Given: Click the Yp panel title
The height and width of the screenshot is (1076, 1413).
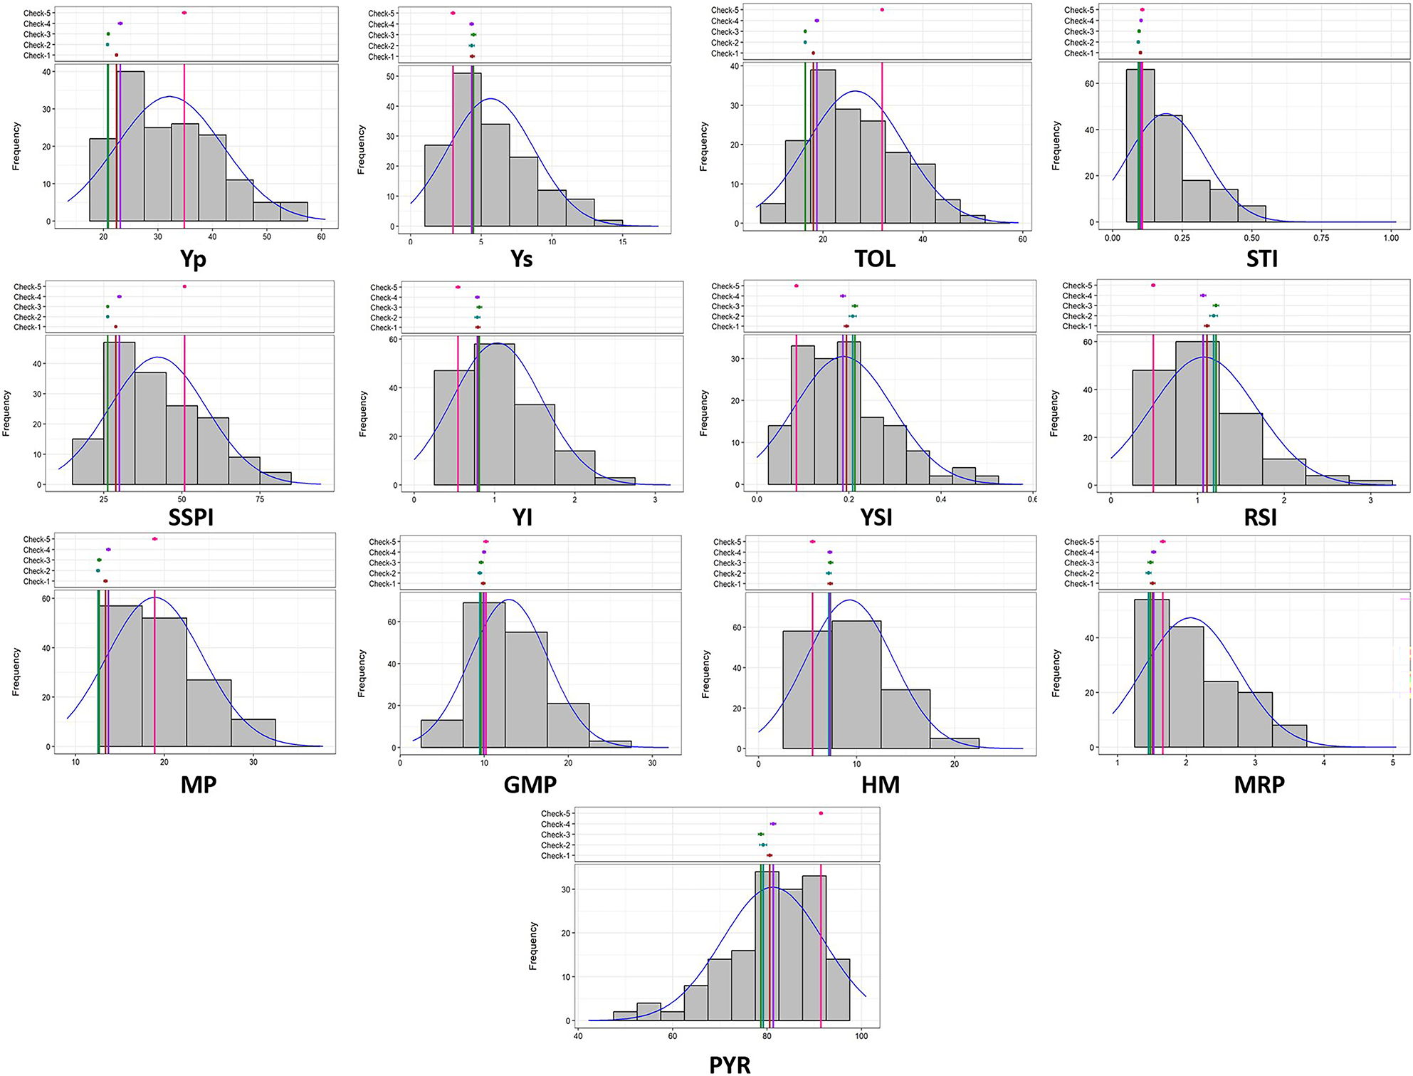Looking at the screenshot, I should (193, 258).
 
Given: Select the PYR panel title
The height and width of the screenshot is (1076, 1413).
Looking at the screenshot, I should (730, 1064).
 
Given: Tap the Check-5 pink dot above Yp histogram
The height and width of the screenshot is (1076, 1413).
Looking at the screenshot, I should (184, 13).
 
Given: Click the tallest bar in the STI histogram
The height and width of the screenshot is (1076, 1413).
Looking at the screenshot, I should (1140, 145).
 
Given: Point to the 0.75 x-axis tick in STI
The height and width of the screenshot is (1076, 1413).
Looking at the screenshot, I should (1321, 238).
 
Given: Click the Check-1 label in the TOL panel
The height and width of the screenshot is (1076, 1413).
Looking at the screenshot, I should (725, 53).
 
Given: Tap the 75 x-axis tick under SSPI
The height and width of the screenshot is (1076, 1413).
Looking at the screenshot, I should (260, 499).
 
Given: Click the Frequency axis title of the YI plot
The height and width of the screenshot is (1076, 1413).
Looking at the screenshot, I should (363, 414).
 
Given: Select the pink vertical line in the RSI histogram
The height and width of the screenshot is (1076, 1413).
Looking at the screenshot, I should (1153, 413).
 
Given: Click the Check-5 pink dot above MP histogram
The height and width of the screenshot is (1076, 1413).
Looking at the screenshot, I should (154, 539).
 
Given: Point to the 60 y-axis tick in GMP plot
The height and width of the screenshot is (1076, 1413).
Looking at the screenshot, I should (392, 622).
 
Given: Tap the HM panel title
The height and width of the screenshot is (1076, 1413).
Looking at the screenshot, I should (881, 785).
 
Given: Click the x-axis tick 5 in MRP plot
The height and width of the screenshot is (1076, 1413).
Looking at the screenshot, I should (1393, 763).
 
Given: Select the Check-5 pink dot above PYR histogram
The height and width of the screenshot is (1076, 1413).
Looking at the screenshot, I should (821, 813).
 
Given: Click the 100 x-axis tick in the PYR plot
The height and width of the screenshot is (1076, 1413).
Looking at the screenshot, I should (861, 1036).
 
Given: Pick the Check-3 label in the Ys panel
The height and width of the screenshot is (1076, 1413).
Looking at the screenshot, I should (382, 35).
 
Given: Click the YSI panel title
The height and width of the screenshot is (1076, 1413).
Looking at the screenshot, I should (876, 518).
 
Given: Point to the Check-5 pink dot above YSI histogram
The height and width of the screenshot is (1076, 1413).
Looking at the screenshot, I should (796, 286).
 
